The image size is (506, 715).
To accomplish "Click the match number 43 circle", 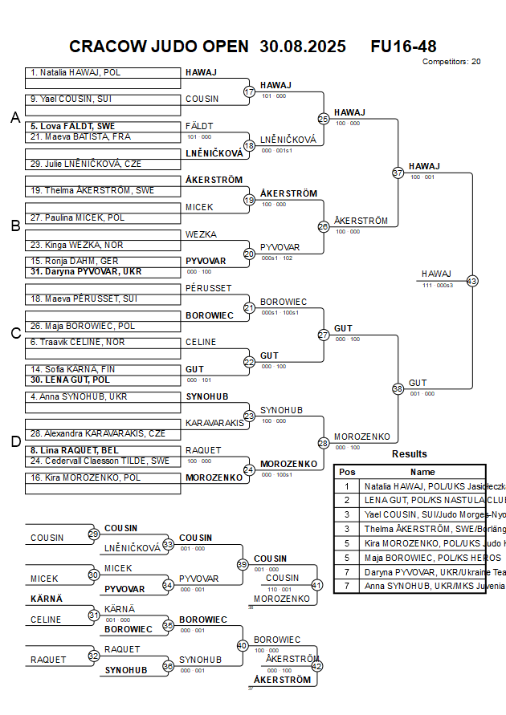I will coord(471,281).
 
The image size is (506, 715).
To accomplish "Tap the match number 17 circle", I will coord(249,91).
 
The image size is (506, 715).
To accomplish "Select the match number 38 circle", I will coord(398,388).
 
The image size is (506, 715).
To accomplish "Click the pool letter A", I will coord(14,118).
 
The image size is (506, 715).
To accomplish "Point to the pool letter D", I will coord(14,441).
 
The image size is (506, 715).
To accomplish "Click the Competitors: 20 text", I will coord(451,61).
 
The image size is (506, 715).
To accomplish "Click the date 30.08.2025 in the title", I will coord(303,47).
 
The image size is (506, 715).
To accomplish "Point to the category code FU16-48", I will coord(403,47).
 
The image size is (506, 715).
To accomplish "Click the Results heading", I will coord(410,454).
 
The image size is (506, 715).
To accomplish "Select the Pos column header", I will coord(347,472).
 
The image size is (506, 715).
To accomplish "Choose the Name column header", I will coord(422,472).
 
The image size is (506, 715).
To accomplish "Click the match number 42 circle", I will coord(316,666).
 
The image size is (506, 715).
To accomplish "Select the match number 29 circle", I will coord(94,534).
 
